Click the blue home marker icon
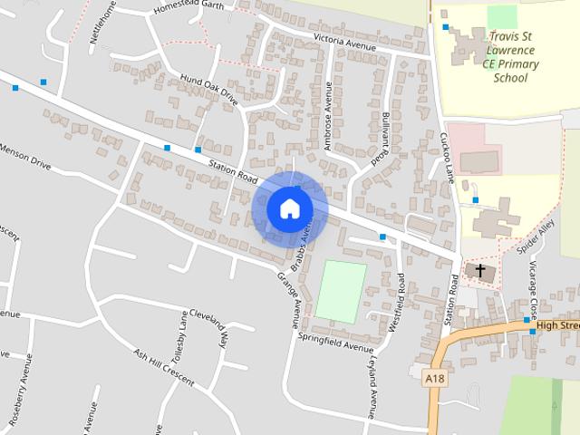(289, 208)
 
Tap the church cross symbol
(479, 271)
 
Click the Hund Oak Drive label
(208, 91)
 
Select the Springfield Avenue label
(336, 343)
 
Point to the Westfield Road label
(396, 308)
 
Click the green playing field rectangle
(341, 291)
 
